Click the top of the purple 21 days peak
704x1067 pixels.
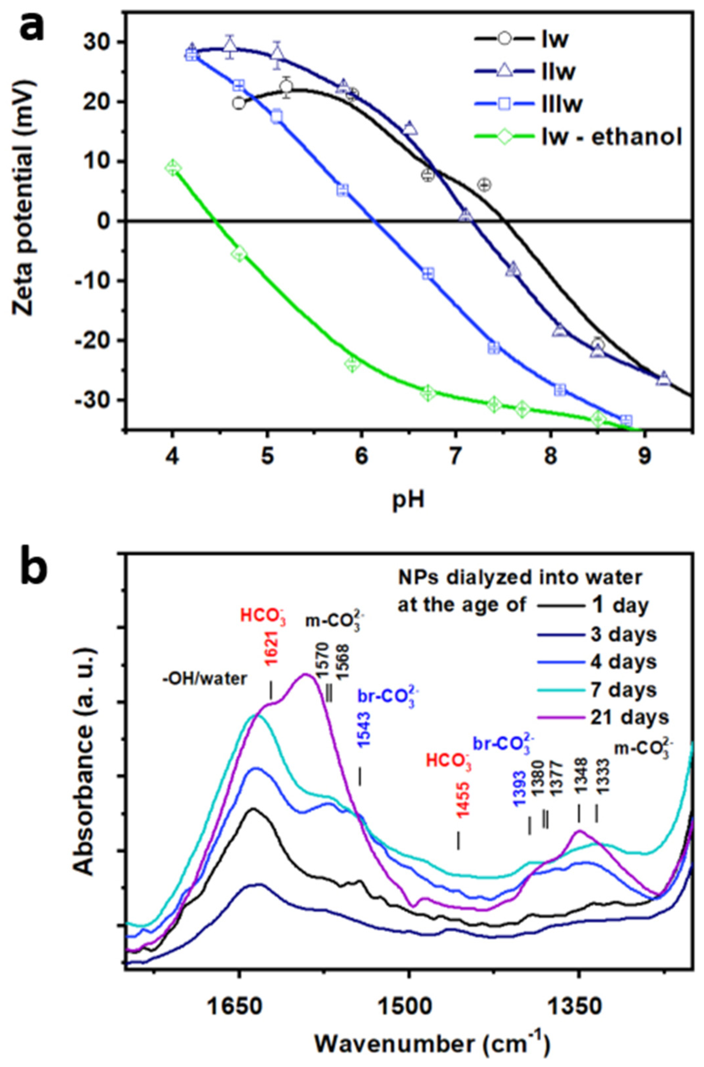click(x=306, y=674)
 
